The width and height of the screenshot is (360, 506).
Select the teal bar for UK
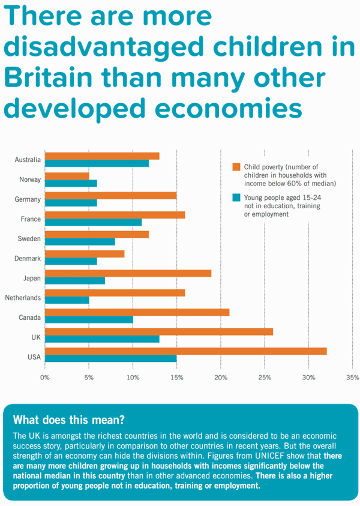tap(102, 339)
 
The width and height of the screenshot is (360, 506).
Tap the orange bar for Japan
tap(128, 273)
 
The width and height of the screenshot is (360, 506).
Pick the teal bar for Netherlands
tap(67, 300)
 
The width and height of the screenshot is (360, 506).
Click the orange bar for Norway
tap(67, 176)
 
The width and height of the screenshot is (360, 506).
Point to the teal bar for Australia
tap(97, 163)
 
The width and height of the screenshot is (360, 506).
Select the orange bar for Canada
tap(137, 312)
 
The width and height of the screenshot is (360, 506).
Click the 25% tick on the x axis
tap(265, 378)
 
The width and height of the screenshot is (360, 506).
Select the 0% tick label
tap(44, 378)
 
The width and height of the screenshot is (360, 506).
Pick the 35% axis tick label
tap(352, 378)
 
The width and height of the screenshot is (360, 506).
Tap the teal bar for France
tap(93, 222)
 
